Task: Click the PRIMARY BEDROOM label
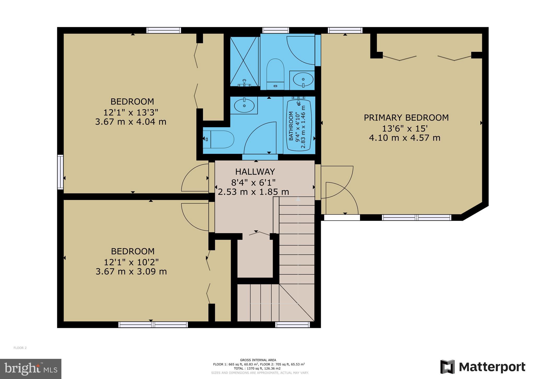click(x=406, y=118)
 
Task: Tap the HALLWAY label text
click(x=255, y=172)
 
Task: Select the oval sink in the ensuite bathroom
click(x=303, y=79)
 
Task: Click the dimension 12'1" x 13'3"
click(x=131, y=113)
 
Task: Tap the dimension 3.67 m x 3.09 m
click(x=131, y=272)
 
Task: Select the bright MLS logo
click(x=31, y=369)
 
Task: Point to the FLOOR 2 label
click(x=20, y=348)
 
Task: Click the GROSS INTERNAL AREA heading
click(x=258, y=360)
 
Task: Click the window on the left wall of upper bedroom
click(x=60, y=172)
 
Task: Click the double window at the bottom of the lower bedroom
click(x=153, y=325)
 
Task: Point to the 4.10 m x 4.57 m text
click(x=405, y=138)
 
